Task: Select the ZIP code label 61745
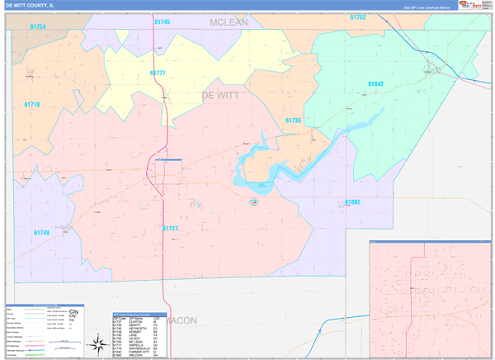point(162,22)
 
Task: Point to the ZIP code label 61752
point(357,17)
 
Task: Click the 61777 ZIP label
point(158,73)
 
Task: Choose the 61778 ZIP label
point(32,105)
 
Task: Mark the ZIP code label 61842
point(375,84)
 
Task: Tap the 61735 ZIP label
point(293,121)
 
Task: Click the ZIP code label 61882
point(352,202)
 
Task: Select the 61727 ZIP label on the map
point(170,228)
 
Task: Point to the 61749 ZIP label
point(41,233)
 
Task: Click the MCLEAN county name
point(229,22)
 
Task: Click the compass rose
point(98,341)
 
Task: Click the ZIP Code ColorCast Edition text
point(427,7)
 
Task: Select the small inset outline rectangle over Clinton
point(168,172)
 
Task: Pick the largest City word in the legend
point(74,312)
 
